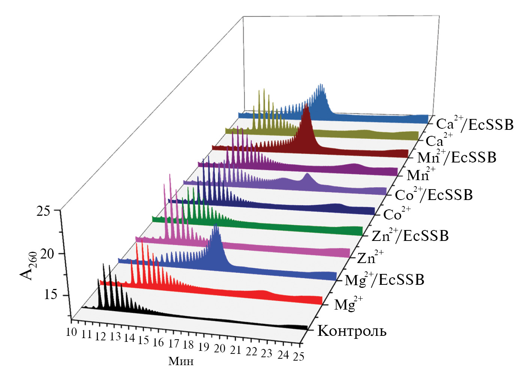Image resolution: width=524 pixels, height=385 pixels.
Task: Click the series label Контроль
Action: (352, 331)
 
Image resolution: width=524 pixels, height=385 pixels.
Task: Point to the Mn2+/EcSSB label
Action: (456, 157)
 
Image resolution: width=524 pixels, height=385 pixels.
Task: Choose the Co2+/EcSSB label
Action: (434, 195)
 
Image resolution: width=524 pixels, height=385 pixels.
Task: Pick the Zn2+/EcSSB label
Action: (410, 236)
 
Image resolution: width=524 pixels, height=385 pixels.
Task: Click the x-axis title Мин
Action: (181, 361)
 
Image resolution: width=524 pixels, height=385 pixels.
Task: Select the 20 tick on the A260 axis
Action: (47, 254)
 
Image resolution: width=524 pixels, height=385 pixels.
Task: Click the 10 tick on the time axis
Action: (71, 332)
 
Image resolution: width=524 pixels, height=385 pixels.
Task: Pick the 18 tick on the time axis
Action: (188, 344)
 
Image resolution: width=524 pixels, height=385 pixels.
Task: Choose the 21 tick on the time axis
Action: (235, 350)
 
